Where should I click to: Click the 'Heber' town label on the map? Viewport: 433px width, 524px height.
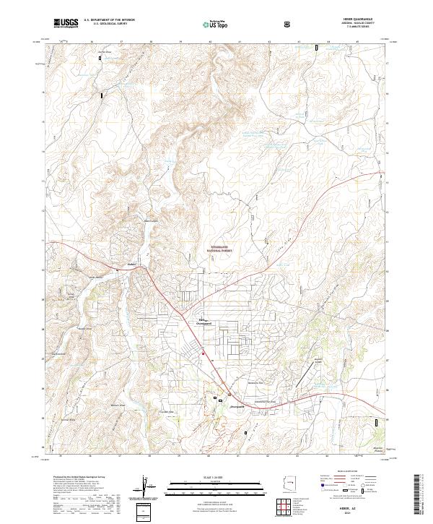pyautogui.click(x=131, y=265)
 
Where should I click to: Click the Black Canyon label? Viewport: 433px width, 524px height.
pyautogui.click(x=152, y=221)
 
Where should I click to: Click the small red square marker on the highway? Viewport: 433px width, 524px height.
pyautogui.click(x=204, y=353)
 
